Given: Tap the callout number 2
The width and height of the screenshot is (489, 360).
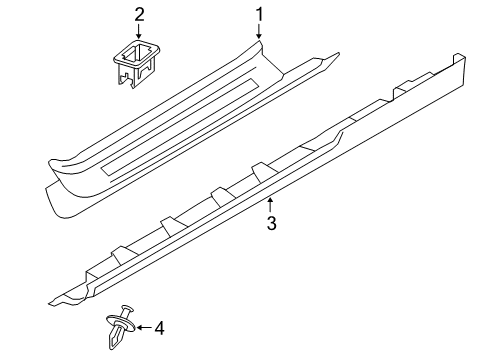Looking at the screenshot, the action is (x=140, y=14).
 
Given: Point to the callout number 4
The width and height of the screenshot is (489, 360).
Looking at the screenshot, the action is (x=158, y=326).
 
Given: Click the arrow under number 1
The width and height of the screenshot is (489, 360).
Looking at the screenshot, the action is (x=258, y=33).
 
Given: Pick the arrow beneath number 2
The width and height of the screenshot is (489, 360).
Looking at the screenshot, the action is (x=140, y=32).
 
